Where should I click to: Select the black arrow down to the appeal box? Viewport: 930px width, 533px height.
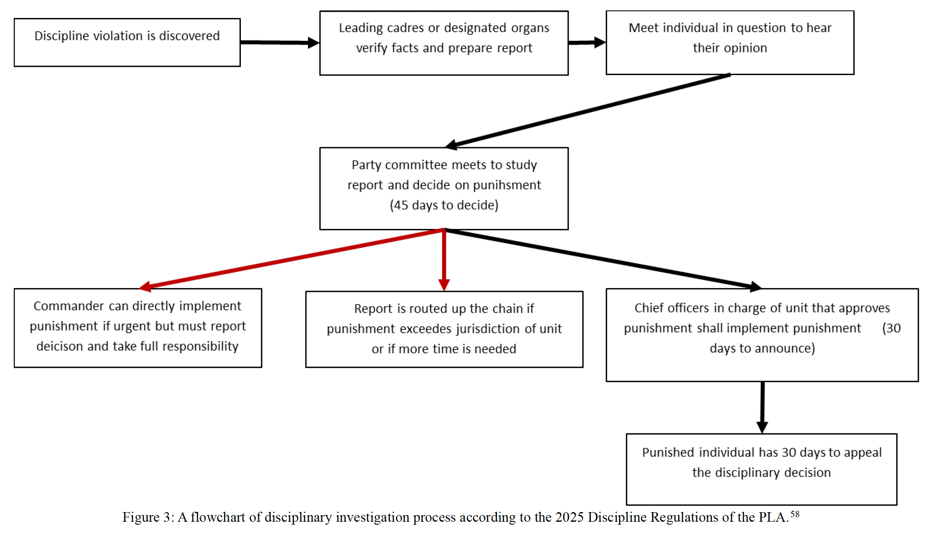click(762, 407)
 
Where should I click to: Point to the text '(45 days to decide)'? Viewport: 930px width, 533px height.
click(444, 205)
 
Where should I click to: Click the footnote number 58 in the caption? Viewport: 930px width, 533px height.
click(795, 514)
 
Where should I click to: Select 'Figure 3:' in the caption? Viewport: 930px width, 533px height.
click(148, 517)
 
